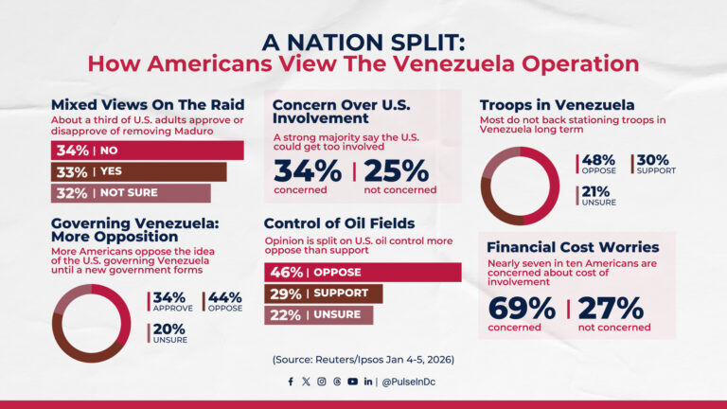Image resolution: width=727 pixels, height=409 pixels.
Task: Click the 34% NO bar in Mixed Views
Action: tap(147, 151)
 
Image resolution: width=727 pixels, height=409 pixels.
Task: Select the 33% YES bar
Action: tap(138, 172)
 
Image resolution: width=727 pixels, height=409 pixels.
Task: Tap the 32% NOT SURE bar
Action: tap(131, 193)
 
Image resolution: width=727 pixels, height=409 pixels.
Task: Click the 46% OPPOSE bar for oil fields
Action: tap(362, 273)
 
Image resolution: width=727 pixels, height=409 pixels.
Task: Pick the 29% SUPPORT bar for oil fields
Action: tap(323, 293)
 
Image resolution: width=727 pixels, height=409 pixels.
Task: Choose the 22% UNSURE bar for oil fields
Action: tap(318, 315)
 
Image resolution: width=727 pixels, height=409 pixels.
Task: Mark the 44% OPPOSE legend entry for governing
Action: tap(224, 301)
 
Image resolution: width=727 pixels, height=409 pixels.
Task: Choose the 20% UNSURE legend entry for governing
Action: tap(169, 332)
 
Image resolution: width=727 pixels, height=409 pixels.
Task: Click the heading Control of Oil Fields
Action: tap(339, 223)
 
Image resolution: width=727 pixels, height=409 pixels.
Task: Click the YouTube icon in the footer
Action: tap(352, 382)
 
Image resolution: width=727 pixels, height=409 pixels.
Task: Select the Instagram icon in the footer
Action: tap(322, 382)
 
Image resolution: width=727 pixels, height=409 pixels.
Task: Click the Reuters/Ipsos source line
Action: tap(363, 360)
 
